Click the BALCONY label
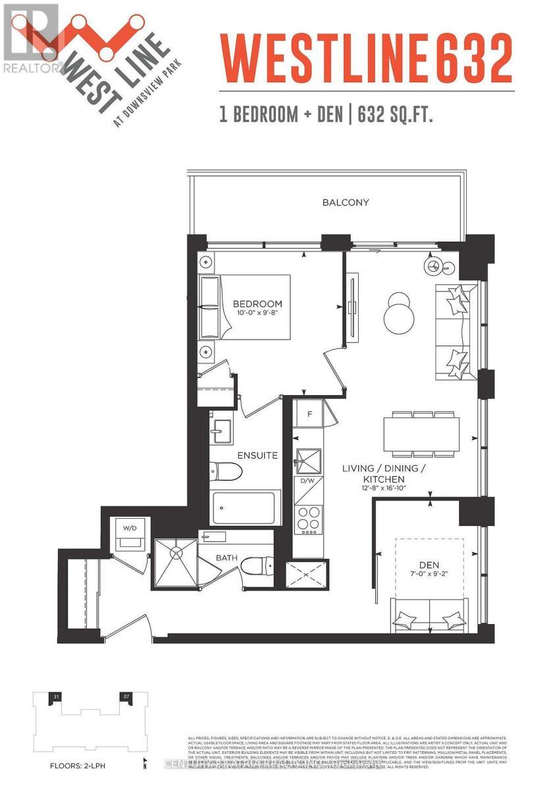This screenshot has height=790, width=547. [x=345, y=203]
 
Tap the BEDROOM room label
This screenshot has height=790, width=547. [x=257, y=304]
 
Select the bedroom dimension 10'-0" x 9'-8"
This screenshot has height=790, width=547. [x=257, y=313]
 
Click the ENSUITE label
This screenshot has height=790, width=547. [x=257, y=455]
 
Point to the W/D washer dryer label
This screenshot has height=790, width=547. [x=128, y=527]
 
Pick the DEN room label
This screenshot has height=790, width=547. [x=429, y=564]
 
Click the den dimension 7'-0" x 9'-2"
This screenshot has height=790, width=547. [x=429, y=573]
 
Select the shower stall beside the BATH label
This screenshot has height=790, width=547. [x=176, y=563]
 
